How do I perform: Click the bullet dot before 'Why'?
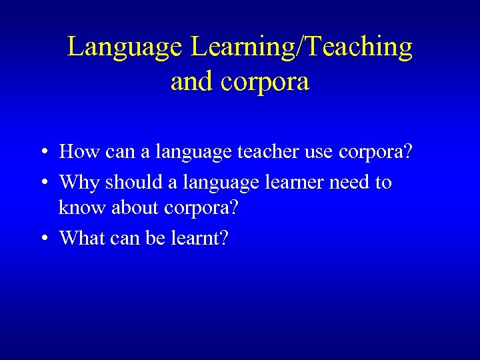pyautogui.click(x=41, y=182)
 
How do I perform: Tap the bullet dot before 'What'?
pyautogui.click(x=41, y=238)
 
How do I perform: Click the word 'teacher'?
pyautogui.click(x=271, y=152)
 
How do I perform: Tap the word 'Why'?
pyautogui.click(x=79, y=182)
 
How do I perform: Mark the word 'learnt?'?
pyautogui.click(x=201, y=237)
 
